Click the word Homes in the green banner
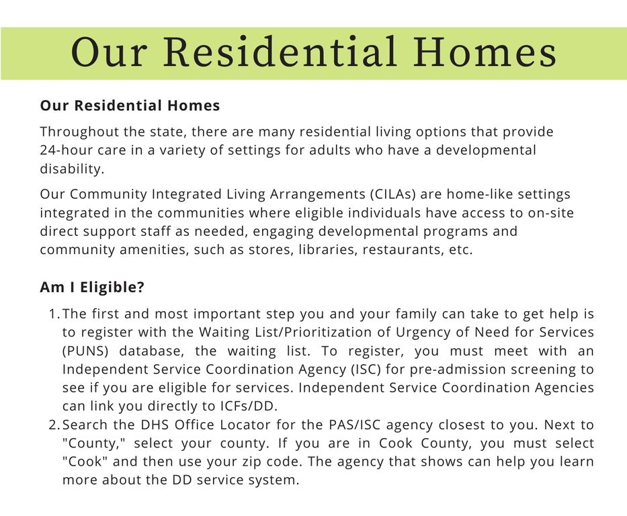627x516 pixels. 485,52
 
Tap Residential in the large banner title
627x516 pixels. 280,52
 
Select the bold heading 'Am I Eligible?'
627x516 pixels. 92,288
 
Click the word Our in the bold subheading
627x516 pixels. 54,105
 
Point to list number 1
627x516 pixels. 54,314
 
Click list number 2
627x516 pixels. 54,425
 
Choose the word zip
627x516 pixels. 231,462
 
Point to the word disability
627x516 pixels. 72,169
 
